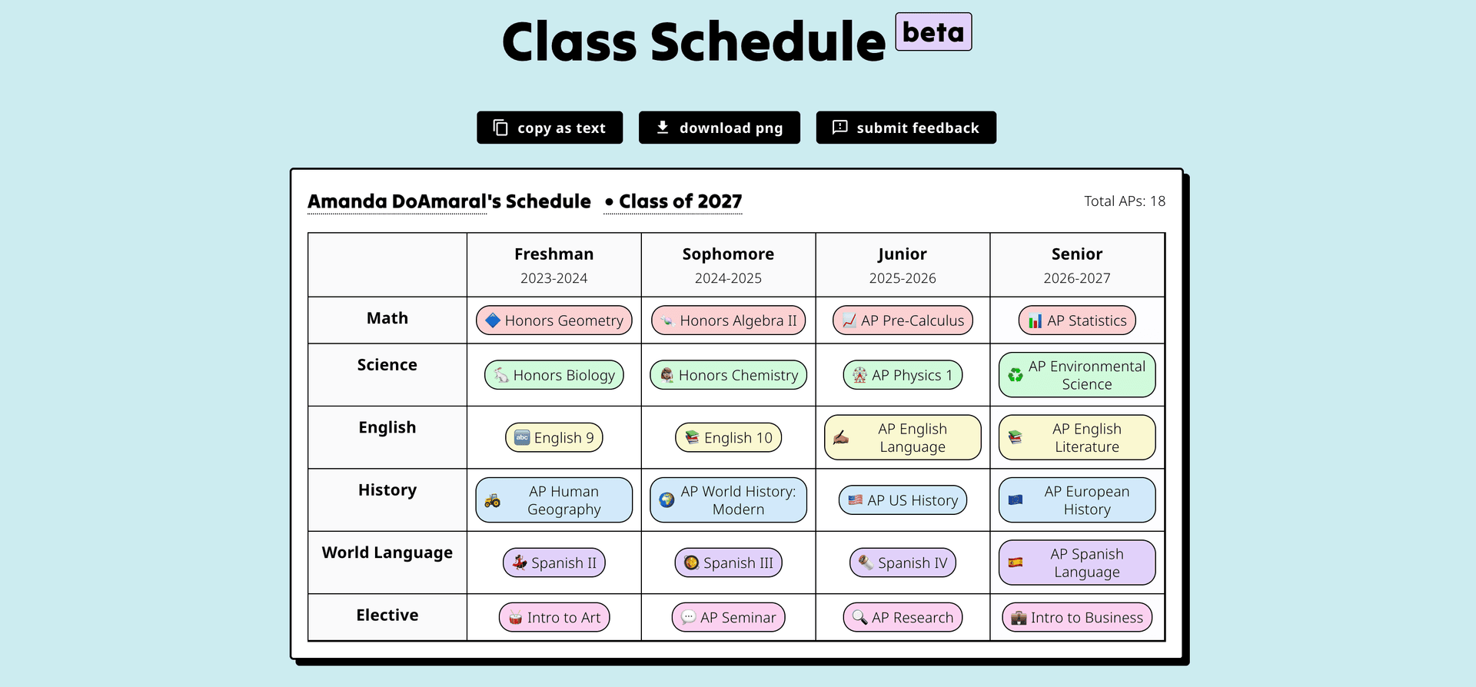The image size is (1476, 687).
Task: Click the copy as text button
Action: [x=550, y=128]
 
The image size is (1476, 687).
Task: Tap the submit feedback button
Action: [x=906, y=128]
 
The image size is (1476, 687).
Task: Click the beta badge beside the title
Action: [x=933, y=32]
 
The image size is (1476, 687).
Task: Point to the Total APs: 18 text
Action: [x=1124, y=201]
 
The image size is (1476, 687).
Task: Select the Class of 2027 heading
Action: [x=673, y=201]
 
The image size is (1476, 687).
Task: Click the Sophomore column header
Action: [x=728, y=254]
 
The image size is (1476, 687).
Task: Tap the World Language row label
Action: [x=387, y=553]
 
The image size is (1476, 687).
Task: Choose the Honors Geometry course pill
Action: [x=554, y=320]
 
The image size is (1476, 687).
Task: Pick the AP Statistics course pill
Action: [x=1077, y=320]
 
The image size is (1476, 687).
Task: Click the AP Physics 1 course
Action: [x=903, y=375]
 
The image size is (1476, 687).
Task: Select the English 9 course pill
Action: [x=554, y=438]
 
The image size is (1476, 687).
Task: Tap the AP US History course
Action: [x=903, y=500]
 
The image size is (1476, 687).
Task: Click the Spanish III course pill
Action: [x=728, y=563]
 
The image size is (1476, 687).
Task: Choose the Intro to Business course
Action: [x=1077, y=617]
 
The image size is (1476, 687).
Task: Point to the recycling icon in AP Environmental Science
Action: [x=1016, y=375]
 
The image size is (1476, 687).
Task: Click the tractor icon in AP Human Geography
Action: [x=493, y=501]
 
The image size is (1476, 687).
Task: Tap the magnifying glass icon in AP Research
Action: [x=859, y=618]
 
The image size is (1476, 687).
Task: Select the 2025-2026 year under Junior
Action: [x=903, y=278]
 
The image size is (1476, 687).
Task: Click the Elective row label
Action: [x=387, y=615]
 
